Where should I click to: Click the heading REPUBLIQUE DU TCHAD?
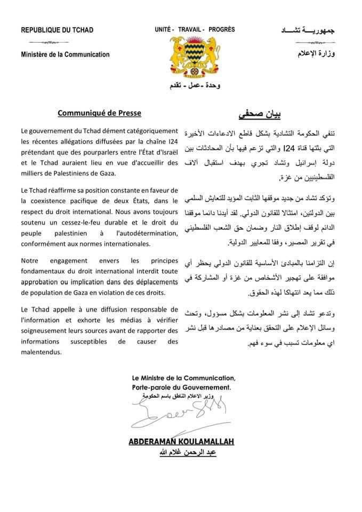pyautogui.click(x=57, y=30)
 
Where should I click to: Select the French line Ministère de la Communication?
pyautogui.click(x=65, y=54)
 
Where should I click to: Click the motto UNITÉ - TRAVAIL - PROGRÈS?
pyautogui.click(x=191, y=30)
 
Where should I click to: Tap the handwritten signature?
pyautogui.click(x=179, y=413)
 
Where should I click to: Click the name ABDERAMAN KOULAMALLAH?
pyautogui.click(x=181, y=443)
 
